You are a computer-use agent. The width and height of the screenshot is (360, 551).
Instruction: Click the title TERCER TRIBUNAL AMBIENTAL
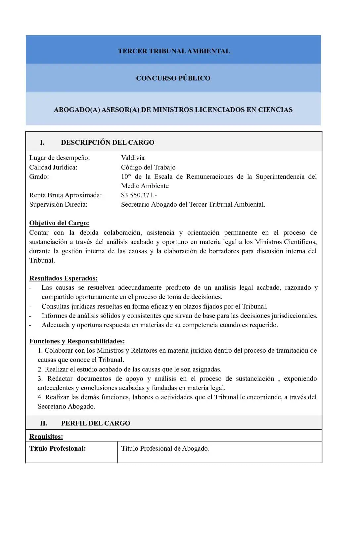[x=174, y=51]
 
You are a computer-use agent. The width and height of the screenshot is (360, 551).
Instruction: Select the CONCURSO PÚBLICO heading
[x=173, y=78]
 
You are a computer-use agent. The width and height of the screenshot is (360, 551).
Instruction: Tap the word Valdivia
[x=133, y=158]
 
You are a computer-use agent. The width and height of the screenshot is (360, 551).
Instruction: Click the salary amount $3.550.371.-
[x=139, y=195]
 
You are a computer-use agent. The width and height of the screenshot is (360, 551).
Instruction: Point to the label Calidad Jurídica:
[x=53, y=167]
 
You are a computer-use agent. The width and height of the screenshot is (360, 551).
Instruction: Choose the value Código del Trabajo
[x=148, y=167]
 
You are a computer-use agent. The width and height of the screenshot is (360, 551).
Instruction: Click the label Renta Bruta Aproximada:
[x=65, y=195]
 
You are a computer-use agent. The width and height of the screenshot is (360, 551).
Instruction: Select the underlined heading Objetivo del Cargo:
[x=59, y=223]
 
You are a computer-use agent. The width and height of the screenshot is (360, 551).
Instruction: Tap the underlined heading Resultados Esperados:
[x=63, y=278]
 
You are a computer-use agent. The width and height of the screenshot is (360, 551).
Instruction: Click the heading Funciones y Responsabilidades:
[x=77, y=341]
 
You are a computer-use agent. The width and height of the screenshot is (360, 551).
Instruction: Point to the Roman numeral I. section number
[x=42, y=142]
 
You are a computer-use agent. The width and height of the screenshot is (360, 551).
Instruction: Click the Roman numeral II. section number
[x=43, y=423]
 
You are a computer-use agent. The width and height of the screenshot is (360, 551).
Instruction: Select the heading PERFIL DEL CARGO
[x=95, y=423]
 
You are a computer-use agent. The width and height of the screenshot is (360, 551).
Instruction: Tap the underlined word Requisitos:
[x=46, y=436]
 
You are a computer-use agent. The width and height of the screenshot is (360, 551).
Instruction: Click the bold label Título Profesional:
[x=57, y=448]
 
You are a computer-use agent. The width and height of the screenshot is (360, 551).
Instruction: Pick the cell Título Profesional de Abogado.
[x=165, y=448]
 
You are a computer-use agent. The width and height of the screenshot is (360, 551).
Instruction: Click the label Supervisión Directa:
[x=58, y=204]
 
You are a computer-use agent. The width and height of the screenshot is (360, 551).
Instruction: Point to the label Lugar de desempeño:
[x=59, y=158]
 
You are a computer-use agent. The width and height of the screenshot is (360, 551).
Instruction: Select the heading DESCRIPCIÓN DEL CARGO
[x=108, y=142]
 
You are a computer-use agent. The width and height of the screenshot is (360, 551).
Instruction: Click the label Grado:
[x=39, y=176]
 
